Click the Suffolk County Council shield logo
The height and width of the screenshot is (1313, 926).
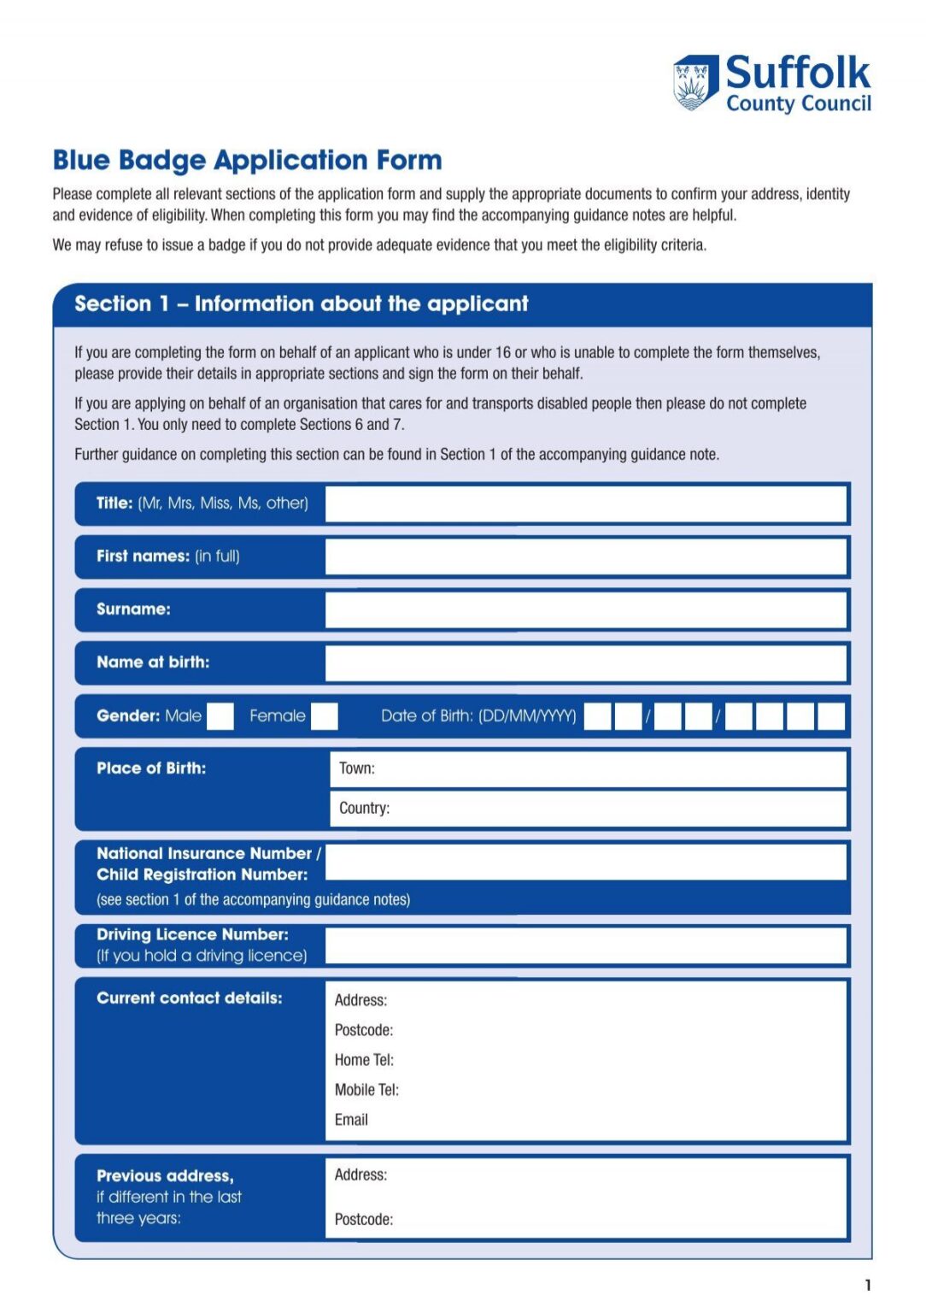(x=694, y=83)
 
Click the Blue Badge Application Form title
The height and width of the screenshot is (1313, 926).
(x=247, y=161)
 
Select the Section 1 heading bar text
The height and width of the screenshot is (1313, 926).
(x=301, y=304)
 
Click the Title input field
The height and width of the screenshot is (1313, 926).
(x=585, y=503)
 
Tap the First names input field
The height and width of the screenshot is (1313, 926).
(x=585, y=556)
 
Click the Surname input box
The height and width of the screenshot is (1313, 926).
(x=585, y=609)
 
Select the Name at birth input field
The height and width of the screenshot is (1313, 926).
(x=585, y=662)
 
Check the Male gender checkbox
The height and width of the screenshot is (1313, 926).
(x=220, y=716)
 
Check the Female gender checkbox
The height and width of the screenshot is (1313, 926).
(x=324, y=716)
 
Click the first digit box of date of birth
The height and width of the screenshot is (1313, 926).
(x=597, y=716)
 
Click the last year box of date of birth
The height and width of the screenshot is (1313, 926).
(x=830, y=716)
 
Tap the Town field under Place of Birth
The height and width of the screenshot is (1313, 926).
(x=588, y=768)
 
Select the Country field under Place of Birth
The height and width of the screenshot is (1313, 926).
(x=588, y=809)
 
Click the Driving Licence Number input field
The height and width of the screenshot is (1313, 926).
(x=585, y=945)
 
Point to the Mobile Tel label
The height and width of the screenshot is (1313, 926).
(x=366, y=1090)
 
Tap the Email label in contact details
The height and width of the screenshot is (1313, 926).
(x=351, y=1120)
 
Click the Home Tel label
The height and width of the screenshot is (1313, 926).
(x=364, y=1060)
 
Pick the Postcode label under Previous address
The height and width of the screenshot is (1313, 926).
(x=364, y=1220)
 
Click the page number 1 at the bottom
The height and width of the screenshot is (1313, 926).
(x=868, y=1285)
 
